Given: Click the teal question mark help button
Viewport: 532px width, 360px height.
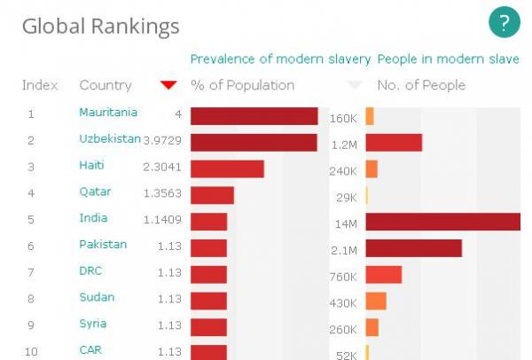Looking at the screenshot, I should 504,23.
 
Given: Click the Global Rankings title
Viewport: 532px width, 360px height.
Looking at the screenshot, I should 100,27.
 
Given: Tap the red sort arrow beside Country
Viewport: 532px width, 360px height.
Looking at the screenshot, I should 168,85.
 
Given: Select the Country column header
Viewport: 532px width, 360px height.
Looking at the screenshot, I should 105,85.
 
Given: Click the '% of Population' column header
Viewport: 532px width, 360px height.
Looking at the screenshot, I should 243,85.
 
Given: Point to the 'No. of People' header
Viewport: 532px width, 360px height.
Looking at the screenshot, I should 421,85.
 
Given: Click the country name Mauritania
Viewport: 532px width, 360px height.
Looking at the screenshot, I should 108,113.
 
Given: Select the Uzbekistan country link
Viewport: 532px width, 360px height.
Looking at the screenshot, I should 110,139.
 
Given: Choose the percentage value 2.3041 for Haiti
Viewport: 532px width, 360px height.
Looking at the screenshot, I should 162,166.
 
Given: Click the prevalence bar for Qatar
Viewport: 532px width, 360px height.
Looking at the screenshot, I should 212,195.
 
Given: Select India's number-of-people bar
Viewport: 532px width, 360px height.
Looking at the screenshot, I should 442,222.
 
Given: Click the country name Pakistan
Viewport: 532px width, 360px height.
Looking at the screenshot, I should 103,245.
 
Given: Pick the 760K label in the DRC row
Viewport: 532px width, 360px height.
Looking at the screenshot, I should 343,278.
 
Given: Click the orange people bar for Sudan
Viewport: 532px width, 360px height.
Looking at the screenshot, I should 375,301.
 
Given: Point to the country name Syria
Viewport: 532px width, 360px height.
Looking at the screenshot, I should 92,324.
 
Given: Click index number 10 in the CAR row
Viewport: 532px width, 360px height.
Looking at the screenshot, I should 31,352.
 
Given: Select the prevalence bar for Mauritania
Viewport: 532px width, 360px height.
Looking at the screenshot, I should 254,116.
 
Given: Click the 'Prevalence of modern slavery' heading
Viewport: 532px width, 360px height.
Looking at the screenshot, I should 280,59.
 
